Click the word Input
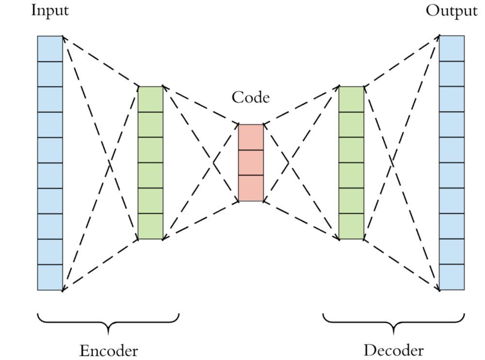point(50,11)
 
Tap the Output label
point(452,11)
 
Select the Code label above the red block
point(251,97)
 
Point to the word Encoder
point(109,350)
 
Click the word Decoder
point(393,350)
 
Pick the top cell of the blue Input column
point(50,49)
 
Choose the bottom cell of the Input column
point(50,278)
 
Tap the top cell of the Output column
point(452,49)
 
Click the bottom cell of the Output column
point(452,278)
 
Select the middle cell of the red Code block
point(251,163)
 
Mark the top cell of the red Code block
point(251,137)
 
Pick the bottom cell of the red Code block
point(251,188)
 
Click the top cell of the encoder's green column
point(150,99)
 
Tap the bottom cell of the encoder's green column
point(150,226)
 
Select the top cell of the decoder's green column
point(351,99)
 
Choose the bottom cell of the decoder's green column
point(351,226)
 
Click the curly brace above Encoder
point(108,323)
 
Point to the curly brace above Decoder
point(393,323)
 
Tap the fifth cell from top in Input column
point(50,150)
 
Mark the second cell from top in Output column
point(452,74)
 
